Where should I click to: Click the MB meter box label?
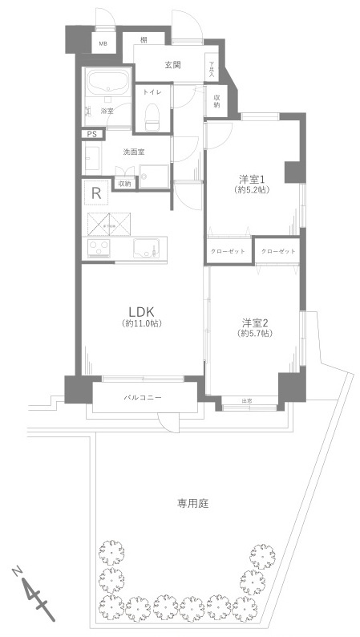coord(103,44)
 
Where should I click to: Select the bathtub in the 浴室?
coord(107,83)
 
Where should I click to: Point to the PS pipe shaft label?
coord(92,134)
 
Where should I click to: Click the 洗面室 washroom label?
coord(133,152)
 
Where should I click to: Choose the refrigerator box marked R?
coord(96,193)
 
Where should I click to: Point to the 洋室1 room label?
coord(251,178)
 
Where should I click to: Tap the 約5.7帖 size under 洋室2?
coord(256,335)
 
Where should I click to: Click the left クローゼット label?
coord(228,251)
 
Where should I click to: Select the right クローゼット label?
coord(278,251)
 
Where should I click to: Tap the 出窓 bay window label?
coord(247,400)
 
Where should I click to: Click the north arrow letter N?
coord(18,571)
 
